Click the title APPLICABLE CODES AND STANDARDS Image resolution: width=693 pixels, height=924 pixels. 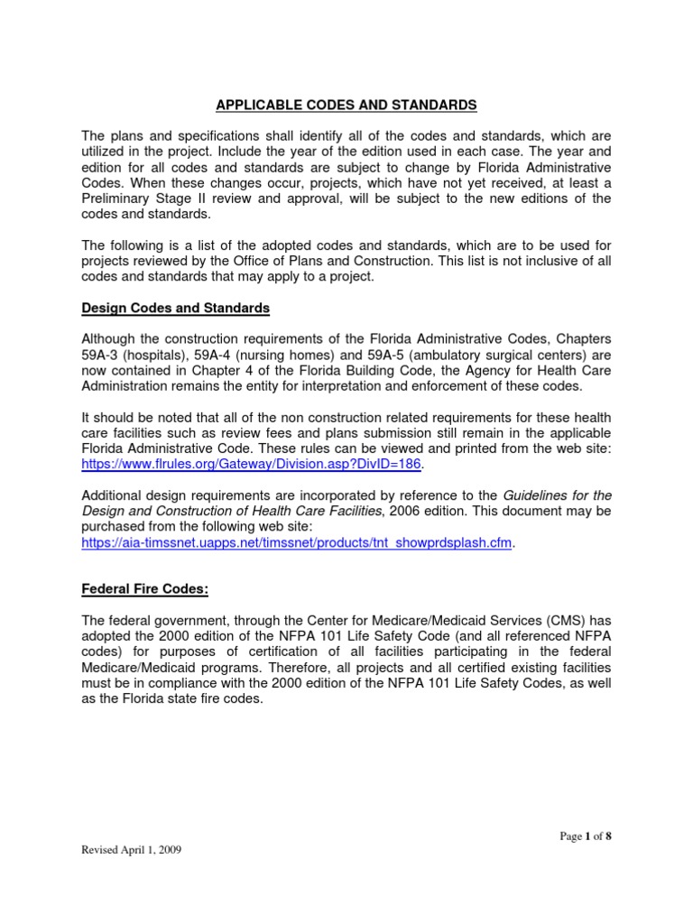coord(346,106)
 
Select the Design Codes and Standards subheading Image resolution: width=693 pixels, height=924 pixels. coord(176,308)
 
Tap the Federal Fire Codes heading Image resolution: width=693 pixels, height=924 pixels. coord(145,589)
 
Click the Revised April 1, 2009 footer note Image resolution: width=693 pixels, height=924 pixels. coord(133,850)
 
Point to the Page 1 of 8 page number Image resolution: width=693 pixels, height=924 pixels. coord(586,836)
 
